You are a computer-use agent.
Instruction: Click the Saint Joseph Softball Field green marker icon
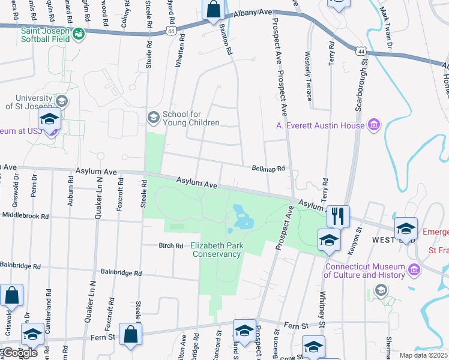(79, 35)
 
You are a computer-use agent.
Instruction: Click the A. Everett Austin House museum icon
(375, 125)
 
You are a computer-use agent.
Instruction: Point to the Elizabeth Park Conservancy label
(217, 250)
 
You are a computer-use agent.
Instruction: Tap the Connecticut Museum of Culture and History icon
(414, 271)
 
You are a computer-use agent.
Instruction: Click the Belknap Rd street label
(268, 170)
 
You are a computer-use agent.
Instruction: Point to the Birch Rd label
(170, 245)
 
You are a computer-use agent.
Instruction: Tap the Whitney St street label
(322, 304)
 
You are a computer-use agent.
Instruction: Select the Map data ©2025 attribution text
(423, 355)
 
